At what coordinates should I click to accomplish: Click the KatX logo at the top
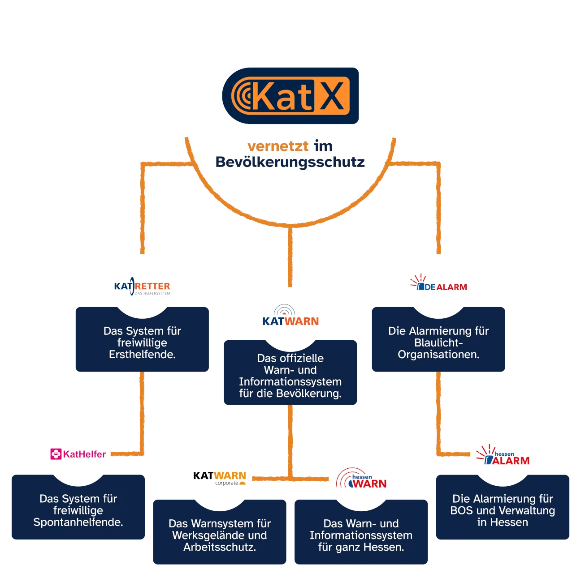click(x=290, y=96)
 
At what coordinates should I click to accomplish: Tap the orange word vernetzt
click(x=277, y=146)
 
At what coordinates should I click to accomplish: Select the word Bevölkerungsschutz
click(x=290, y=162)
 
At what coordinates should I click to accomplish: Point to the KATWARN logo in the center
click(x=290, y=317)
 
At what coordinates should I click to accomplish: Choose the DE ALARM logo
click(x=439, y=285)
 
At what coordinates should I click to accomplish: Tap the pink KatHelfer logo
click(x=78, y=454)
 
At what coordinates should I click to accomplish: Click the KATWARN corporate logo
click(x=220, y=477)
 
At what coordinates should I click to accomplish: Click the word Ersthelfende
click(x=142, y=355)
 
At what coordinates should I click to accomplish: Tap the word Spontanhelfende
click(x=78, y=522)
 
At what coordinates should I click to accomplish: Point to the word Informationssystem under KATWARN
click(x=290, y=382)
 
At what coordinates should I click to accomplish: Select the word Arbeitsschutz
click(x=219, y=547)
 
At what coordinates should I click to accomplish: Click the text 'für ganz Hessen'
click(x=361, y=547)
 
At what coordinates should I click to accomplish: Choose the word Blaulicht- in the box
click(x=438, y=343)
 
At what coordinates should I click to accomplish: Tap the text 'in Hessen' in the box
click(x=503, y=522)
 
